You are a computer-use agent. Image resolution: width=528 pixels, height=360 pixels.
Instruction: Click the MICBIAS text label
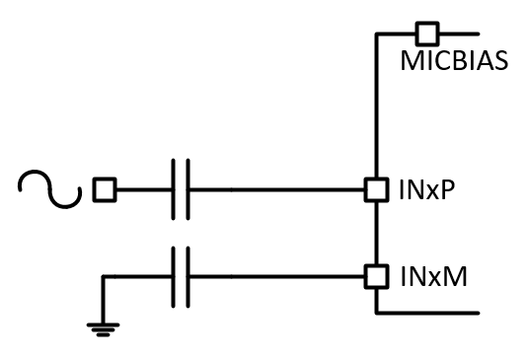click(x=454, y=61)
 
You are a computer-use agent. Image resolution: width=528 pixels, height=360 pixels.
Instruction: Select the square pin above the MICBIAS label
click(x=426, y=34)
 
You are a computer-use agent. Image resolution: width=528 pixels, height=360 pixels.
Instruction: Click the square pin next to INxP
click(x=375, y=187)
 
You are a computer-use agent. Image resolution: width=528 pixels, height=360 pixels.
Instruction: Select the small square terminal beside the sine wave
click(x=103, y=187)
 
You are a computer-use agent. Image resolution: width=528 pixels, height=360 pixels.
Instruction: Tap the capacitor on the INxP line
click(x=180, y=187)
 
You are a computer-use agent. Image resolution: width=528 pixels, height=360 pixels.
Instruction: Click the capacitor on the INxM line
click(x=180, y=276)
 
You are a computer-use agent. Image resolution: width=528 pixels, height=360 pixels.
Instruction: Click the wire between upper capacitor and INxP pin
click(x=276, y=187)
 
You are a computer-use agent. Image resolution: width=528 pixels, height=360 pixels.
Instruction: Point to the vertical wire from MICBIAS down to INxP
click(x=375, y=108)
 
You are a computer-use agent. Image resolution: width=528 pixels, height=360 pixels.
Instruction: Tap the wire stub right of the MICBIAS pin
click(x=459, y=34)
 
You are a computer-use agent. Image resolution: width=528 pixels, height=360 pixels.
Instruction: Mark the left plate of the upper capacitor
click(x=173, y=187)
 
